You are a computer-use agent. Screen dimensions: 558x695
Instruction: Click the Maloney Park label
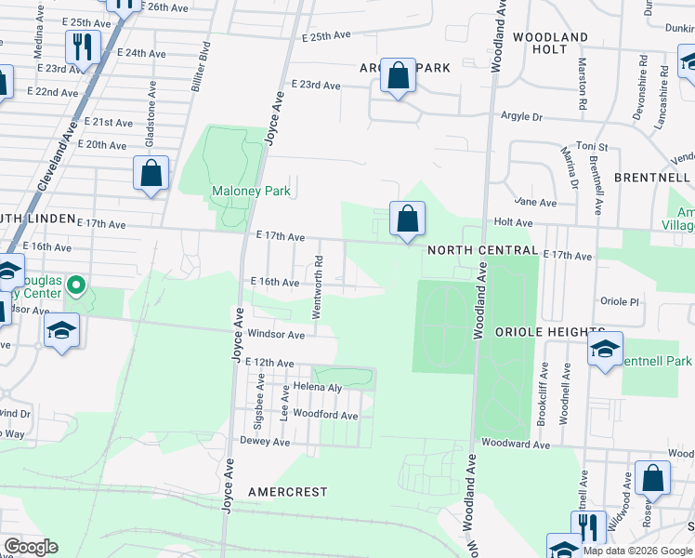pyautogui.click(x=251, y=192)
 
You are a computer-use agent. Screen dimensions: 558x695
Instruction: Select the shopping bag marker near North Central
pyautogui.click(x=407, y=220)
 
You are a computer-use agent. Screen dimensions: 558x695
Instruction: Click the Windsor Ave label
pyautogui.click(x=276, y=334)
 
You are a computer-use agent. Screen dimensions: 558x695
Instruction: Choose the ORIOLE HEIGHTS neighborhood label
pyautogui.click(x=550, y=332)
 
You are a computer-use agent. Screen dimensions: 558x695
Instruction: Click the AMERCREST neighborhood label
pyautogui.click(x=288, y=490)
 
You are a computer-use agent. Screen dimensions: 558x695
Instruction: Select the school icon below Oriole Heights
pyautogui.click(x=605, y=351)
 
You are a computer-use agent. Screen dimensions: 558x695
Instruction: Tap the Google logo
pyautogui.click(x=31, y=547)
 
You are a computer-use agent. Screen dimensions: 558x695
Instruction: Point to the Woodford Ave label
pyautogui.click(x=324, y=415)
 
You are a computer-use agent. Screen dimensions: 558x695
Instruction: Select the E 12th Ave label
pyautogui.click(x=271, y=363)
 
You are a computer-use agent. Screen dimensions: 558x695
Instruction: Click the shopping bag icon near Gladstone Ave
pyautogui.click(x=151, y=174)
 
